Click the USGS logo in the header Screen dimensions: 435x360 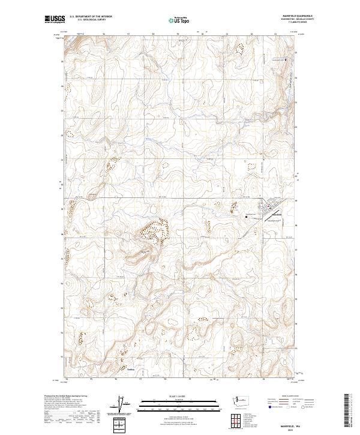tap(55, 19)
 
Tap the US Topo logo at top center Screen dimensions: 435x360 tap(180, 19)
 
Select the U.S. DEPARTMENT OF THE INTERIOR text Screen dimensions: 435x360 tap(91, 16)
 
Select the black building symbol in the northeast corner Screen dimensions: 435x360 tap(286, 60)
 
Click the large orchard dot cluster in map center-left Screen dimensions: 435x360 tap(155, 230)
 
